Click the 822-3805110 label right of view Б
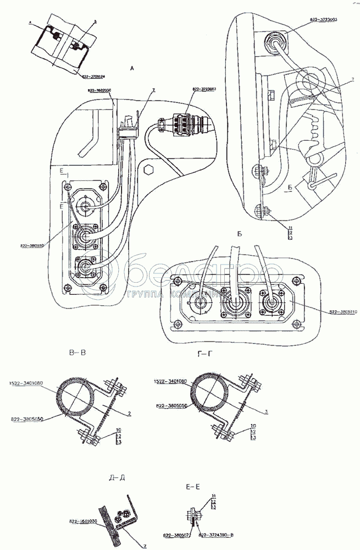point(343,312)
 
